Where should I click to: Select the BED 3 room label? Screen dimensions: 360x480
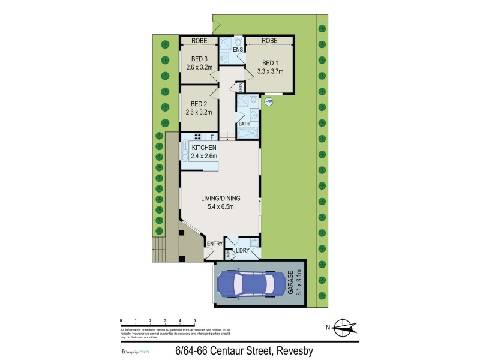(199, 59)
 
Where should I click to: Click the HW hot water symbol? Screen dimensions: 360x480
(269, 101)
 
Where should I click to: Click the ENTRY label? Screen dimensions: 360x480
(214, 244)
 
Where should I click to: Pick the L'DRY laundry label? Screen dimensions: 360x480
(242, 250)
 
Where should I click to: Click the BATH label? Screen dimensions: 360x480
(244, 124)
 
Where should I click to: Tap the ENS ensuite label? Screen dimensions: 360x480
(238, 49)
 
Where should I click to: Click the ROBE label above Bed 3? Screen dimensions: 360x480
(199, 41)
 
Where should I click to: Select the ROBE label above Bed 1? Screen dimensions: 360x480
(270, 41)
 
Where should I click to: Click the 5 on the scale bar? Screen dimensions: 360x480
(194, 321)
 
